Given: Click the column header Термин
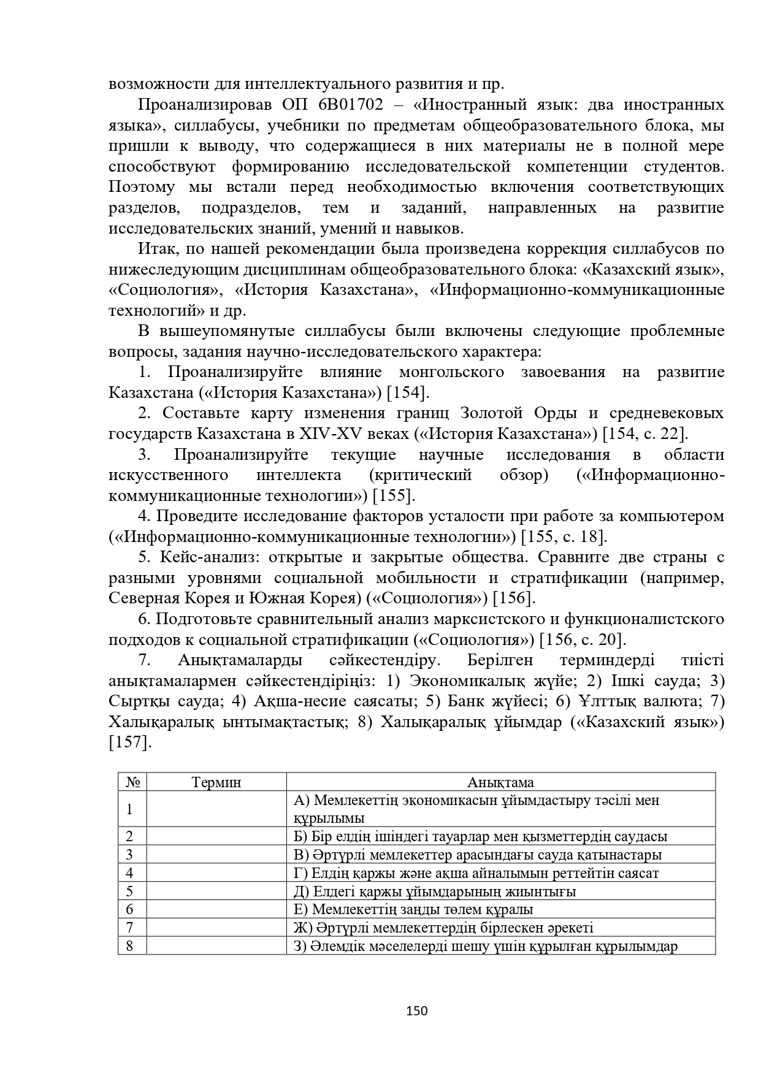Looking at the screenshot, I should click(x=216, y=782).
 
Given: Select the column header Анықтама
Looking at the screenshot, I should click(x=500, y=782).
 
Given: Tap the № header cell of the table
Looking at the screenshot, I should click(x=132, y=782).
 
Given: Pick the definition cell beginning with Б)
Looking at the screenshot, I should click(x=500, y=836).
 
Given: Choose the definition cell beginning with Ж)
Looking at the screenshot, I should click(x=500, y=928).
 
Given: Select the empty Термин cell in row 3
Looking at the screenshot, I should click(x=216, y=855).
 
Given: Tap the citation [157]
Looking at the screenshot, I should click(x=129, y=743).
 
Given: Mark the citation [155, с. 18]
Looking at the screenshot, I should click(x=564, y=537).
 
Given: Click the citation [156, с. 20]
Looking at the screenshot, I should click(x=583, y=640).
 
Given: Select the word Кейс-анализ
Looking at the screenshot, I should click(x=199, y=557).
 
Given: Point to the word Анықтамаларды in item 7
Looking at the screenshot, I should click(x=240, y=660).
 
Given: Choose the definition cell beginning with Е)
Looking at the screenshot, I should click(x=500, y=910).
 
